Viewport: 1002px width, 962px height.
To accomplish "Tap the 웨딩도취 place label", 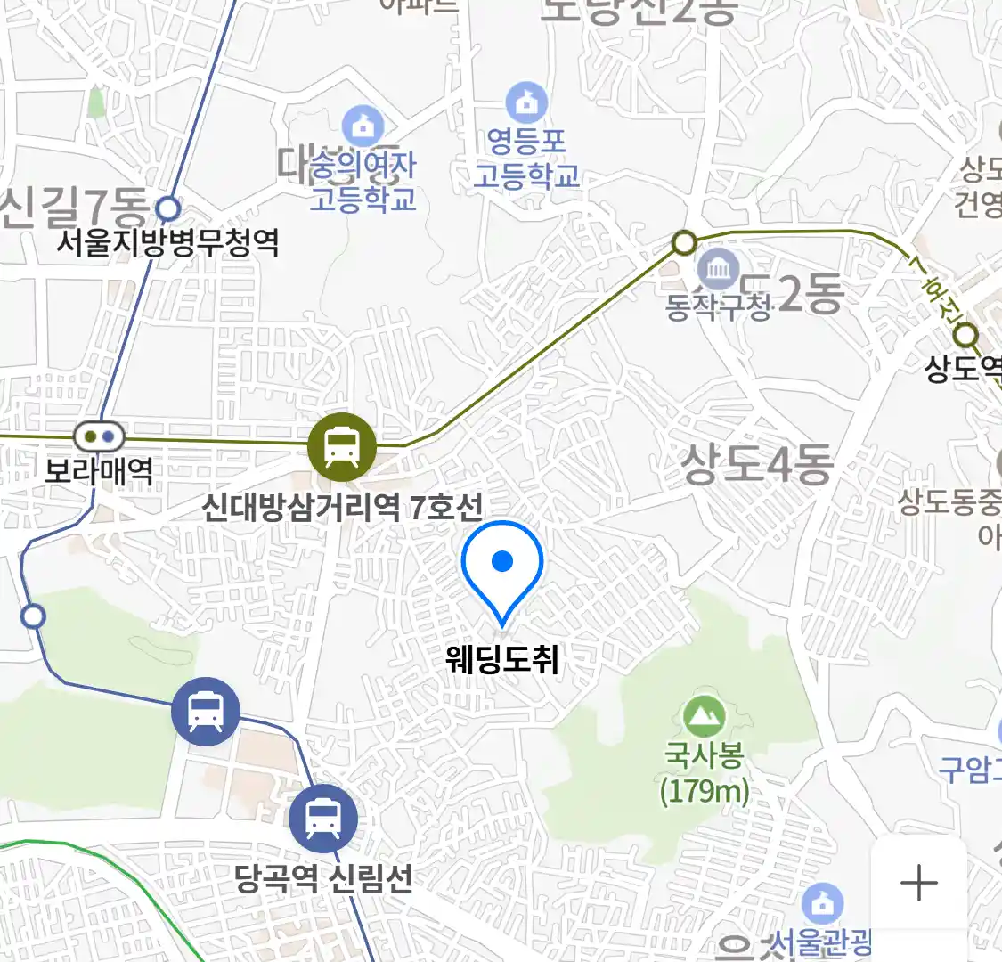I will [x=502, y=659].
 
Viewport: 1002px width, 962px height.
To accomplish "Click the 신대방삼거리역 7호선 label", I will [x=342, y=508].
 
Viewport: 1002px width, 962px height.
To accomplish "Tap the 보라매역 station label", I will [x=99, y=469].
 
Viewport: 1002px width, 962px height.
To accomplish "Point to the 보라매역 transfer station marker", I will [x=99, y=436].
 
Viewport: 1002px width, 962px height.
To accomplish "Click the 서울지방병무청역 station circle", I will [x=167, y=209].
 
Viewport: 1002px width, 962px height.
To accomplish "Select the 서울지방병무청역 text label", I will [x=167, y=242].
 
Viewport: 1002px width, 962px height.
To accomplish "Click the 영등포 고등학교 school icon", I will [x=527, y=102].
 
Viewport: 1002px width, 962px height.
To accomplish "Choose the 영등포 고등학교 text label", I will [x=526, y=159].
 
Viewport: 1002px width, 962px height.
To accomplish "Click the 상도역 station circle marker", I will [x=966, y=337].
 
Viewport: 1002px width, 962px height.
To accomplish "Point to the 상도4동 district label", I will [x=757, y=463].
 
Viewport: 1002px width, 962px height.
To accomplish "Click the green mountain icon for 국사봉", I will [x=705, y=717].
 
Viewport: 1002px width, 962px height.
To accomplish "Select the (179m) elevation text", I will [x=705, y=791].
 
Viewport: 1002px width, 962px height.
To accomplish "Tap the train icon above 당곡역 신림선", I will [x=323, y=819].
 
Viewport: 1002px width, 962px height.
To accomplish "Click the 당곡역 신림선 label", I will [x=323, y=878].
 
